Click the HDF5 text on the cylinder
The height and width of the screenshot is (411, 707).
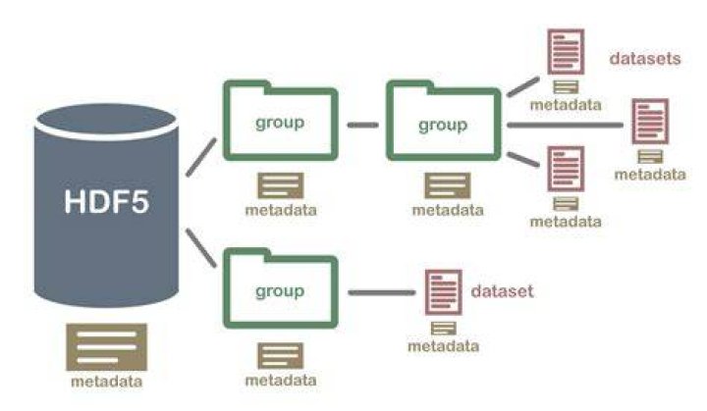(106, 201)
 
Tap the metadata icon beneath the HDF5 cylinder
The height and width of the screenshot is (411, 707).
(106, 347)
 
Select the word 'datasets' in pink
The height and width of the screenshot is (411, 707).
(645, 59)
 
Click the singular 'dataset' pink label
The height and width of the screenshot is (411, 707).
(502, 291)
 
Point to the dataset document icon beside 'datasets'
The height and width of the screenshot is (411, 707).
(566, 52)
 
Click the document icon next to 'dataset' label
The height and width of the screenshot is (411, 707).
(444, 292)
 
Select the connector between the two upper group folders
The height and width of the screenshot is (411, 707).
(363, 125)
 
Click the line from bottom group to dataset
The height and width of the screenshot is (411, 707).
(382, 293)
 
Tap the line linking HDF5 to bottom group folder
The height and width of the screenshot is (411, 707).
(201, 248)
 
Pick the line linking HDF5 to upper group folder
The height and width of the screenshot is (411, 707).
(201, 157)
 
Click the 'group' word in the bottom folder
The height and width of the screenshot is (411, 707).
(280, 291)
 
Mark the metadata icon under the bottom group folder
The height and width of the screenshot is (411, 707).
(281, 355)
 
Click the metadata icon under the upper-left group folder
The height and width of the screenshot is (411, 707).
(281, 185)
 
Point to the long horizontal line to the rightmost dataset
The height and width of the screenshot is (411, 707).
(566, 125)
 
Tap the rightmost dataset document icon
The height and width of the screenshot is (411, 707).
(650, 122)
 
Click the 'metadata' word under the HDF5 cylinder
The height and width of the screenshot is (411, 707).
(106, 382)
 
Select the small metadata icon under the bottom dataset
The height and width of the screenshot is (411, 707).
(444, 329)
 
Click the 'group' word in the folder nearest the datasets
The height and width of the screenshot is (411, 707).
(443, 126)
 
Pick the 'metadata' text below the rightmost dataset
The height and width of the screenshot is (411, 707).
(650, 175)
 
